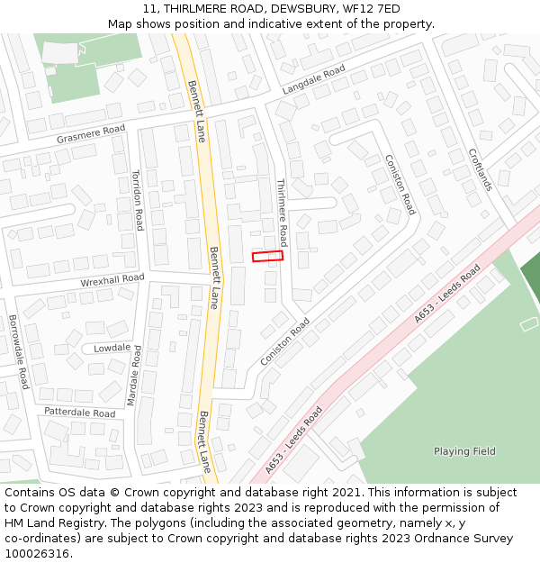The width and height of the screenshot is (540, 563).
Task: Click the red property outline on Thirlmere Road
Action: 267,257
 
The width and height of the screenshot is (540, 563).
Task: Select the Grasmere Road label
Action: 91,134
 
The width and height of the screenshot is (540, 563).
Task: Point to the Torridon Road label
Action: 138,199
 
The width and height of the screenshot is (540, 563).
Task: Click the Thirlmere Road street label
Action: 281,213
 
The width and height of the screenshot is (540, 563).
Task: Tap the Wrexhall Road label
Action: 112,281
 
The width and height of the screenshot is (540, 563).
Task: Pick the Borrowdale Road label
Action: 18,351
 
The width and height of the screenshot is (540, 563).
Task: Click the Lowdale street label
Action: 112,348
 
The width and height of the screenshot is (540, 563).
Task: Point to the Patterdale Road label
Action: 80,413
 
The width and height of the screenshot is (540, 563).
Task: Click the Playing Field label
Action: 464,451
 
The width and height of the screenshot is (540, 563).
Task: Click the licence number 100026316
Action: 38,554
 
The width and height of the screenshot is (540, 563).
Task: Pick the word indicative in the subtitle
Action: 290,23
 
